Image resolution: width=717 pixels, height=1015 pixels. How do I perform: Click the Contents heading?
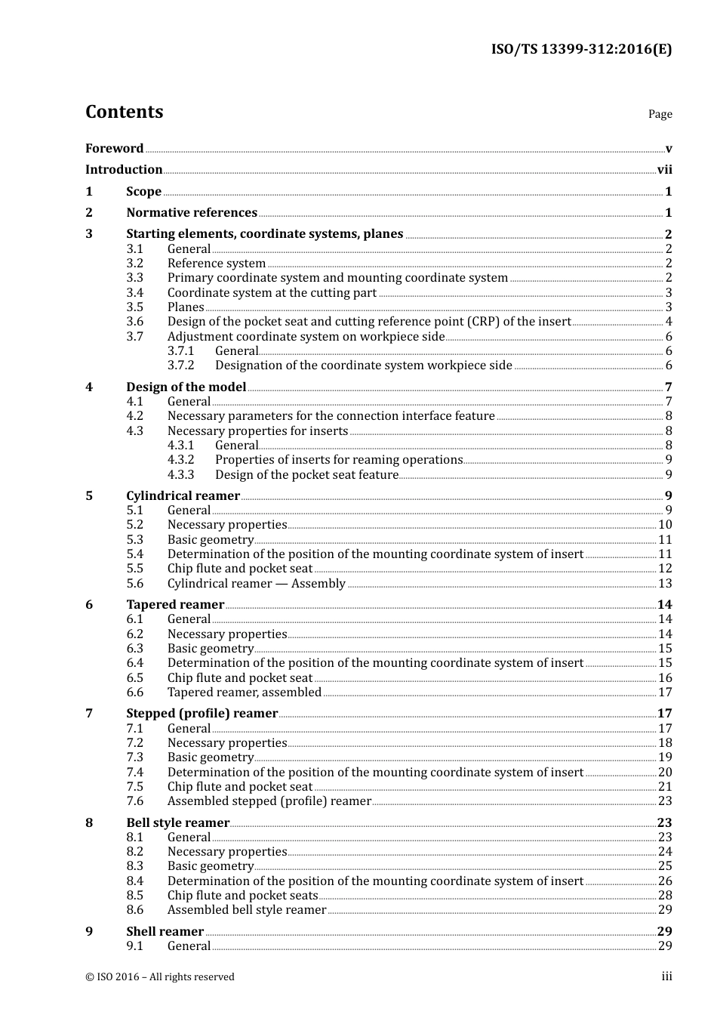click(x=124, y=112)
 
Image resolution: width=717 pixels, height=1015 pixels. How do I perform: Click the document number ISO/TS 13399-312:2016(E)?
click(x=581, y=50)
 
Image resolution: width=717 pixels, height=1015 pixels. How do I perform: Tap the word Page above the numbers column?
click(x=660, y=114)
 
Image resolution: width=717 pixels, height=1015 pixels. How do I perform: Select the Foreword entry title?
click(x=114, y=149)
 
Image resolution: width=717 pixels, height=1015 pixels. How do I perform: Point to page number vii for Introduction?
click(x=664, y=170)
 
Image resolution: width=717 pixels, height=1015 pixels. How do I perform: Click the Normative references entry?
click(x=192, y=213)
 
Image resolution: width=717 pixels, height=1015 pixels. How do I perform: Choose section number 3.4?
click(x=134, y=293)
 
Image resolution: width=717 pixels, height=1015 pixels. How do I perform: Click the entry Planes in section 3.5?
click(x=186, y=307)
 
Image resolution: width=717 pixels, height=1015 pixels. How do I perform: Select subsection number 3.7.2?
click(x=180, y=366)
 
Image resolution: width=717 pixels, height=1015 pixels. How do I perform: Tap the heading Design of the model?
click(x=186, y=387)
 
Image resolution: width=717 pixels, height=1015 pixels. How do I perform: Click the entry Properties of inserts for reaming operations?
click(x=338, y=460)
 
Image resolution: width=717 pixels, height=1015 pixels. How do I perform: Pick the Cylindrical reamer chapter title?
click(x=183, y=496)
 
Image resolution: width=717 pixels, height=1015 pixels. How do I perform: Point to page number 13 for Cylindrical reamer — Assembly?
click(x=665, y=584)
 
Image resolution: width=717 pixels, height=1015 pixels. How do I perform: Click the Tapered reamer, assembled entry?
click(x=245, y=693)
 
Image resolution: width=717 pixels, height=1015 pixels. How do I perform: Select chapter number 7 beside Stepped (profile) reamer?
click(x=89, y=714)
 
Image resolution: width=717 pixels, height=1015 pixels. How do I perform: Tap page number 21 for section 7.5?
click(x=665, y=787)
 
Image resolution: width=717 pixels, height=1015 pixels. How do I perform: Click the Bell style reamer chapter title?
click(x=177, y=823)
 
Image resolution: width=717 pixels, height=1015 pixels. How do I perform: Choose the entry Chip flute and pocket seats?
click(x=242, y=896)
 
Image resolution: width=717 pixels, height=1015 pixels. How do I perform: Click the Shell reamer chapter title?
click(x=165, y=932)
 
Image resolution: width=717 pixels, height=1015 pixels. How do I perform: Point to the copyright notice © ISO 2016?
click(x=160, y=977)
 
